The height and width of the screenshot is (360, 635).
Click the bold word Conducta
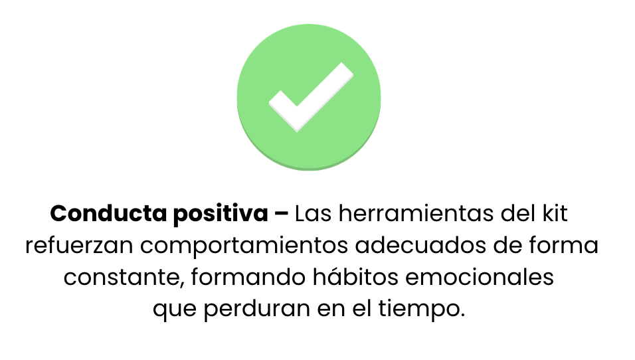pos(108,213)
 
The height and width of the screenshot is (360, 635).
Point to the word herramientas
pos(416,213)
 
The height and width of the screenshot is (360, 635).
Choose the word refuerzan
pos(80,245)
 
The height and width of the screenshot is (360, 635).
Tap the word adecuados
pos(420,245)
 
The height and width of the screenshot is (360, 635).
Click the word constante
pos(122,278)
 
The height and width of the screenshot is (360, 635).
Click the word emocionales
pos(480,277)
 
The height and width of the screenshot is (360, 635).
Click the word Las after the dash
pos(314,213)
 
